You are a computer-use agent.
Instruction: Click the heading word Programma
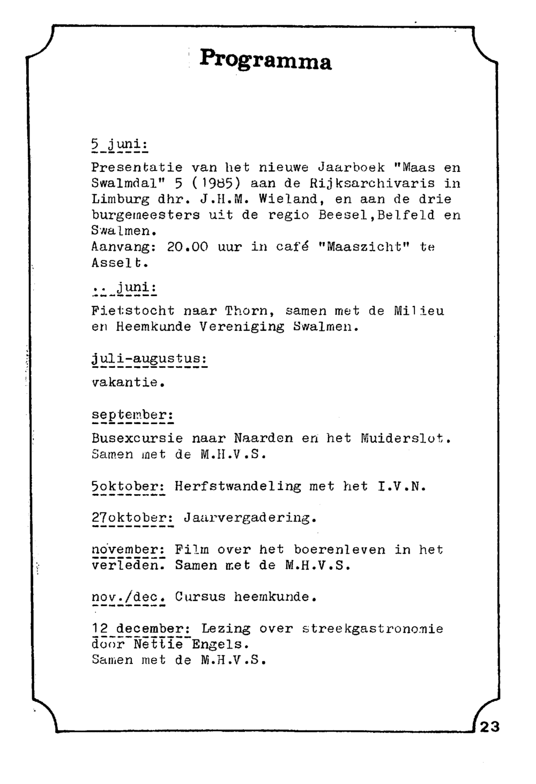click(x=266, y=60)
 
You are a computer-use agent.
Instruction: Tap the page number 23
click(x=489, y=727)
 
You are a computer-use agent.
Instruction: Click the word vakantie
click(x=127, y=383)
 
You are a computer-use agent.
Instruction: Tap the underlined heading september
click(x=132, y=416)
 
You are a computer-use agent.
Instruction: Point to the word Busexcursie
click(x=137, y=439)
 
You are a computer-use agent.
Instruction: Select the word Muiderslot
click(x=406, y=439)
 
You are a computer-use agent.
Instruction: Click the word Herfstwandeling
click(x=238, y=486)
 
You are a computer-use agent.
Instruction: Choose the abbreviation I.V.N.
click(x=401, y=486)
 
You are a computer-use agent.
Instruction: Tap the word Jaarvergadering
click(x=250, y=518)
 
